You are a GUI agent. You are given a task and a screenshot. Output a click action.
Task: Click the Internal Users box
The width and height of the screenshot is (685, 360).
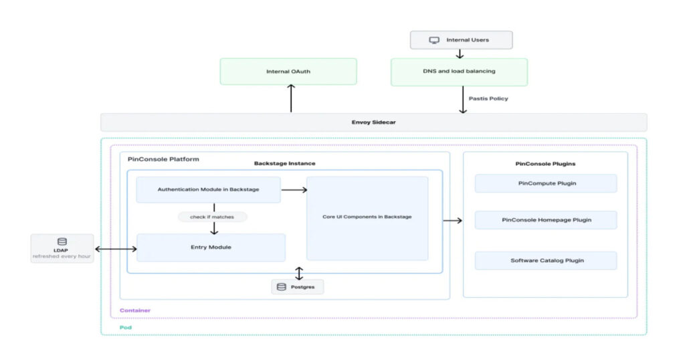click(461, 40)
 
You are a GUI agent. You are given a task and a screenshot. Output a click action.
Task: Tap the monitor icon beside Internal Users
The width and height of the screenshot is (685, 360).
click(434, 40)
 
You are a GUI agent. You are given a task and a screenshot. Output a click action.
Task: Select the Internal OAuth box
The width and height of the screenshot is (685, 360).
click(288, 72)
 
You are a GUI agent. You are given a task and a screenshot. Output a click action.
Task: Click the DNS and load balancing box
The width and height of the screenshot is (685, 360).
click(459, 72)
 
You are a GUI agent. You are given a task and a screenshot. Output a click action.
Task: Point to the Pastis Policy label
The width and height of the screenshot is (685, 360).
click(488, 99)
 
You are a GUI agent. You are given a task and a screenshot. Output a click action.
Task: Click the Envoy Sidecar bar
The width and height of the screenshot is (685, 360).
click(374, 122)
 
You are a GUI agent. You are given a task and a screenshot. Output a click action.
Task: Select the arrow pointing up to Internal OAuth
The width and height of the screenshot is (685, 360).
click(291, 99)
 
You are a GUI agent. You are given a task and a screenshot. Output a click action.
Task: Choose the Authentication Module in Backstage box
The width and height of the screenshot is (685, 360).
click(208, 189)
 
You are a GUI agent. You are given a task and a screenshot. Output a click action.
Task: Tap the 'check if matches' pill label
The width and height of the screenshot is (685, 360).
click(213, 217)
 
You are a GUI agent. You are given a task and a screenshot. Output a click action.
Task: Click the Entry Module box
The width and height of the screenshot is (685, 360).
click(211, 248)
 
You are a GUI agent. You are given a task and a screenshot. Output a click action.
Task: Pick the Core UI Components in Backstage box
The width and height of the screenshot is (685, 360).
click(367, 217)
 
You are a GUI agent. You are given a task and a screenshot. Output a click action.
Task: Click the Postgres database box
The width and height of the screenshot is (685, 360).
click(298, 287)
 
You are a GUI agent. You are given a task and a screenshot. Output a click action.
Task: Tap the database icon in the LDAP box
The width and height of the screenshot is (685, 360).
click(62, 242)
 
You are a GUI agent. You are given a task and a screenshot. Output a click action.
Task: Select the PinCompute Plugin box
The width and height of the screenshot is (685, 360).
click(546, 183)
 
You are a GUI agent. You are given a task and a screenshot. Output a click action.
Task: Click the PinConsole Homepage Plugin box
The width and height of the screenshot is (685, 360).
click(546, 220)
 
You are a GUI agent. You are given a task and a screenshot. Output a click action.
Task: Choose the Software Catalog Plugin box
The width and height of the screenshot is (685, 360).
click(546, 260)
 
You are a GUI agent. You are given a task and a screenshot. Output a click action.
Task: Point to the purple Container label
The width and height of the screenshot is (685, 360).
click(135, 310)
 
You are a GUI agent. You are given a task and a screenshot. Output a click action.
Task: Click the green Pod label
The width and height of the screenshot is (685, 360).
click(125, 328)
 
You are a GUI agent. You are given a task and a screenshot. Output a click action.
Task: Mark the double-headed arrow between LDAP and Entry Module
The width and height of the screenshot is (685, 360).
click(116, 249)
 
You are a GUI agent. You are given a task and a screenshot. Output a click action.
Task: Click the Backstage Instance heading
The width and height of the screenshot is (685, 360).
click(284, 163)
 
